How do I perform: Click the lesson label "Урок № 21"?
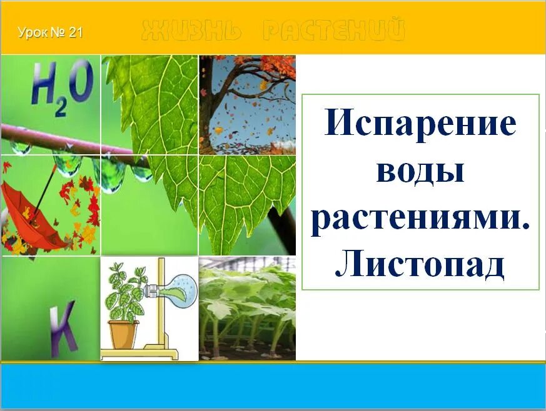pyautogui.click(x=50, y=32)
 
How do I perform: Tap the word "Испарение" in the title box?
pyautogui.click(x=420, y=124)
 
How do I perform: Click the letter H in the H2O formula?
pyautogui.click(x=46, y=87)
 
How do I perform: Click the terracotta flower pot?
pyautogui.click(x=123, y=334)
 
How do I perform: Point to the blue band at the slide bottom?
pyautogui.click(x=273, y=385)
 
